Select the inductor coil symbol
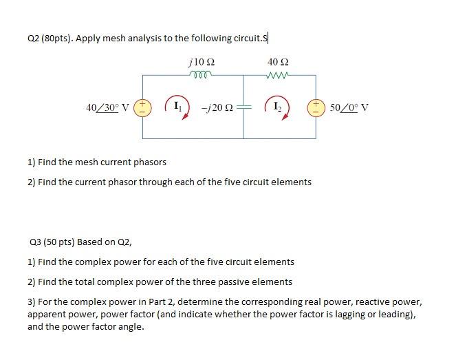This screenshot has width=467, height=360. tap(199, 73)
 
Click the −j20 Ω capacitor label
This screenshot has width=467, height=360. tap(216, 107)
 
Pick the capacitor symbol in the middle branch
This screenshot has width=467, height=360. tap(246, 107)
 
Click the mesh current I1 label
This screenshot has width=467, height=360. tap(177, 107)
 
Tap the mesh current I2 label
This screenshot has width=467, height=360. tap(277, 107)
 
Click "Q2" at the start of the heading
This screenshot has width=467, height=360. tap(34, 39)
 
